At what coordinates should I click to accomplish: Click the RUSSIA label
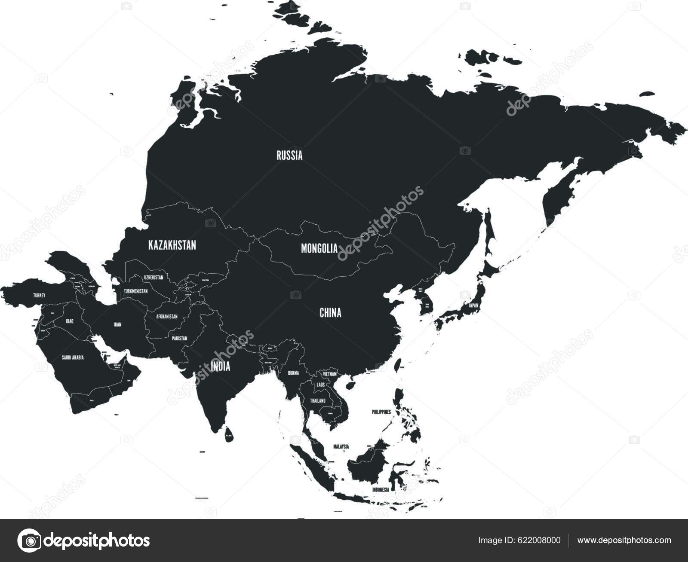click(289, 156)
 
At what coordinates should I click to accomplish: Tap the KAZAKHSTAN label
click(172, 245)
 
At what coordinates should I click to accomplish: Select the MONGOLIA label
click(319, 248)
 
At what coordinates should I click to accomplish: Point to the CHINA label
click(330, 313)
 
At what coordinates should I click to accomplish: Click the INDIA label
click(221, 367)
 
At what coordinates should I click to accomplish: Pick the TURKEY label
click(39, 296)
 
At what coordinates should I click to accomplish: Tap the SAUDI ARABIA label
click(73, 357)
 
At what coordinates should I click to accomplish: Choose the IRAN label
click(117, 325)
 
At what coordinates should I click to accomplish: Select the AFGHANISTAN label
click(167, 317)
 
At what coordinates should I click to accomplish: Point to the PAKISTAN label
click(179, 339)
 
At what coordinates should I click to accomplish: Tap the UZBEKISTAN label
click(154, 278)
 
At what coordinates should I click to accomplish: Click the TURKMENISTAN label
click(135, 291)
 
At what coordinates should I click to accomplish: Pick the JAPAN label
click(473, 305)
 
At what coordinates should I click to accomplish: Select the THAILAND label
click(318, 401)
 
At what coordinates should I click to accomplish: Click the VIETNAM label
click(329, 374)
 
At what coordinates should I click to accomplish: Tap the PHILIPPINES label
click(381, 412)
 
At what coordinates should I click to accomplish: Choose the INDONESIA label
click(381, 490)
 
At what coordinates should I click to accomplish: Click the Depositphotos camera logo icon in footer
click(29, 541)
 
